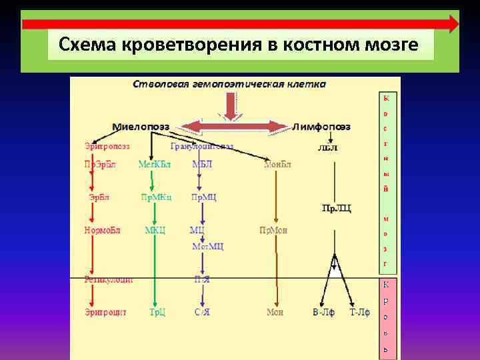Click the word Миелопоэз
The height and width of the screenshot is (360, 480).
(141, 127)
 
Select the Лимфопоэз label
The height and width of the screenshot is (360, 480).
(322, 127)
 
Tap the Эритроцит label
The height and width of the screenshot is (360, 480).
(105, 311)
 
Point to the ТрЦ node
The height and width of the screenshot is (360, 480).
(157, 311)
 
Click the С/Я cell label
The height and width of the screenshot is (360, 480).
(201, 311)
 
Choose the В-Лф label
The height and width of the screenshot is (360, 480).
(324, 311)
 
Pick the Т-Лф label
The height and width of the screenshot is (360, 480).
(359, 311)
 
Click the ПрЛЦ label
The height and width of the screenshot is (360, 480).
(336, 209)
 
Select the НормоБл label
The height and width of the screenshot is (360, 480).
(102, 230)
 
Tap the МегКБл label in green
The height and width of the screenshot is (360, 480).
(154, 164)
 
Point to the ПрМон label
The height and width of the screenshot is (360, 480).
(273, 230)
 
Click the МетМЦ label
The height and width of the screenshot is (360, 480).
(207, 246)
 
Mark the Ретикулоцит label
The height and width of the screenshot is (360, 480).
(109, 279)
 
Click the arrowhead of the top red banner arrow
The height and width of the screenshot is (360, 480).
(453, 24)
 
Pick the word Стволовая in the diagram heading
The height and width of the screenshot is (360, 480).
(158, 85)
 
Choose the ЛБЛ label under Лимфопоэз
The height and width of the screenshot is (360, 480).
(327, 147)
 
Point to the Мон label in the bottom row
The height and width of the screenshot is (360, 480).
(275, 311)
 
